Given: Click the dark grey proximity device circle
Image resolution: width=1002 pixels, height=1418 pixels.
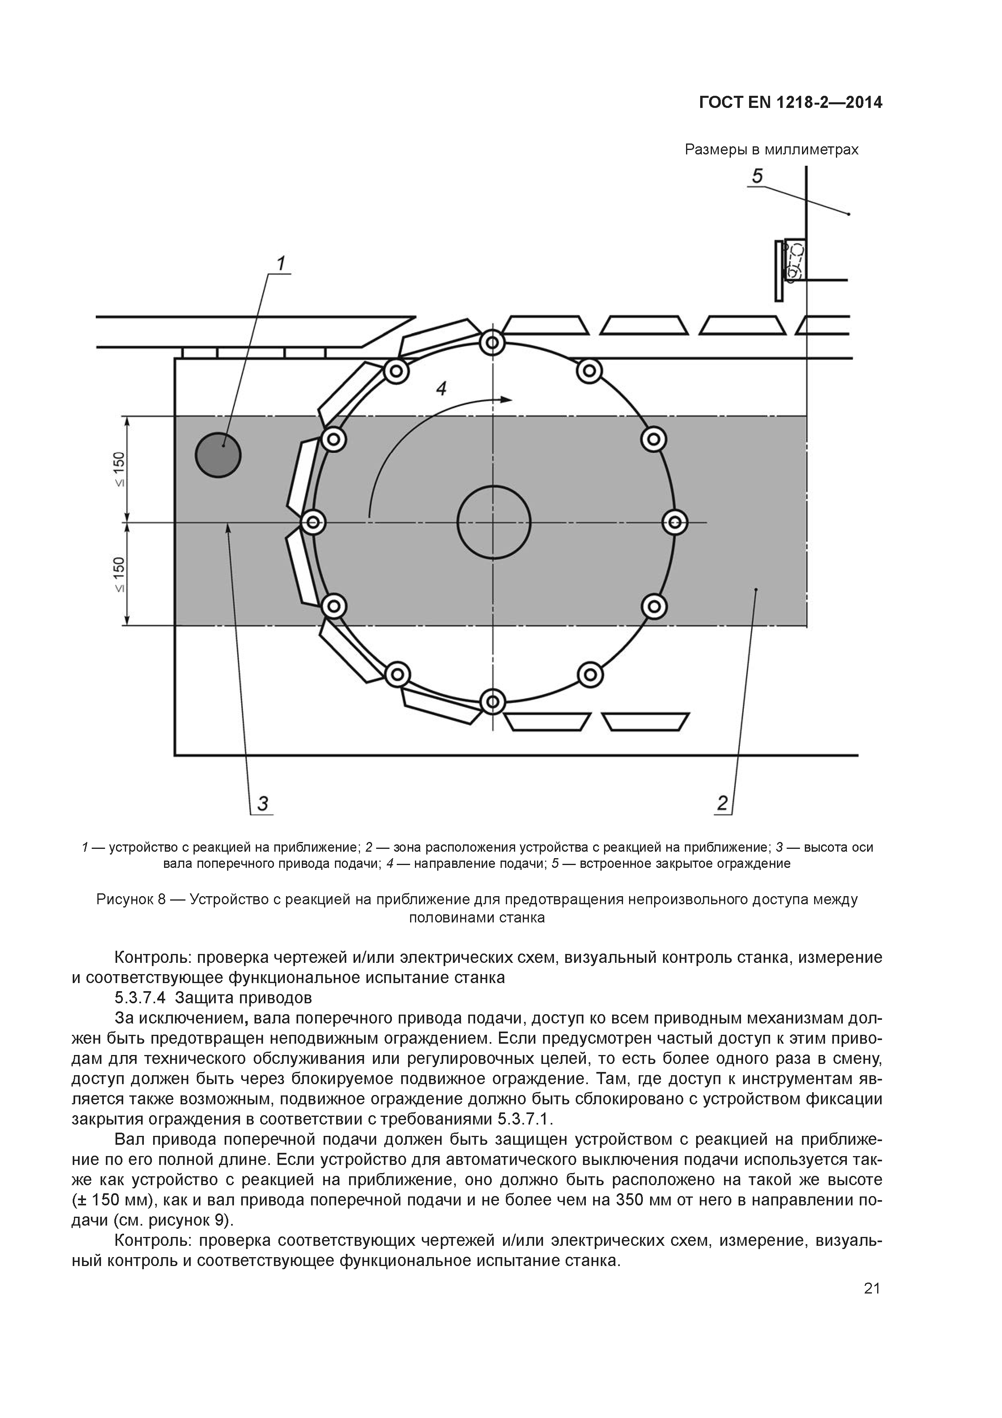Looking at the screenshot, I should (x=218, y=455).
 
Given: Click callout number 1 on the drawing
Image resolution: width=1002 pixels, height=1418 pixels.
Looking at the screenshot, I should (x=281, y=264).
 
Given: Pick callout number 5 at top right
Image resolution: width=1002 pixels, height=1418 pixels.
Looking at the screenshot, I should (x=757, y=177).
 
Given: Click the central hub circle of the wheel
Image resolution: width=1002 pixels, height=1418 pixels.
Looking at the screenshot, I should (x=493, y=522).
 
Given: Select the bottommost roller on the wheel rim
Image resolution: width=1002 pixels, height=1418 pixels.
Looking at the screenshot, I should (x=493, y=702).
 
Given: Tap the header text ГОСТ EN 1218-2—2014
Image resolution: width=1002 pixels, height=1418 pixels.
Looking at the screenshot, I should (x=790, y=103).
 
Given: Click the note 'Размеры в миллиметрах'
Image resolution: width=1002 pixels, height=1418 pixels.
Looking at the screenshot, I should (x=772, y=150).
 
